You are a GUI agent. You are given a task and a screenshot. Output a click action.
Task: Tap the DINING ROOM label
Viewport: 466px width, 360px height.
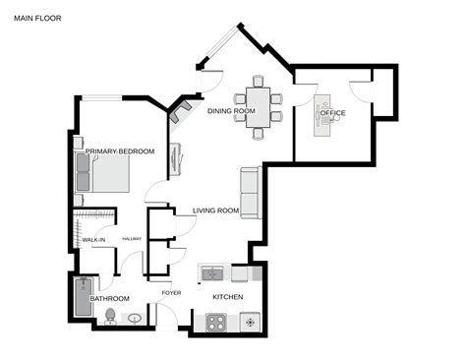[231, 111]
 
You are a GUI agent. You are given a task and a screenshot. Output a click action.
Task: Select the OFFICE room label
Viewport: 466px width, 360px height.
[333, 113]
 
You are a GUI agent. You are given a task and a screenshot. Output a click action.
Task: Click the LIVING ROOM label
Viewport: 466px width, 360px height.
[216, 210]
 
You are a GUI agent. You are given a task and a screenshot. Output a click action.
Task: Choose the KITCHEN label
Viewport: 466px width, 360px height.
[228, 296]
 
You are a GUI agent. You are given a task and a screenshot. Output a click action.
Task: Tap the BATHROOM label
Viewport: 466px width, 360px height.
[109, 298]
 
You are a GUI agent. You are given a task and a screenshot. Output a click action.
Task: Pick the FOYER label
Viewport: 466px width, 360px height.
[171, 292]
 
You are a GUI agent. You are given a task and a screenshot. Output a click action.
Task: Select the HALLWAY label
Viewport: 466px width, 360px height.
[133, 239]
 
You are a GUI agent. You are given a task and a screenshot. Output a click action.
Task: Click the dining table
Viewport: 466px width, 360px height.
[259, 101]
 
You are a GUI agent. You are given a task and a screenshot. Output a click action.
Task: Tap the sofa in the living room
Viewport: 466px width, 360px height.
[250, 193]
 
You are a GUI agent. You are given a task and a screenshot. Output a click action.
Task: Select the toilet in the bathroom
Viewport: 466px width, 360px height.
[110, 316]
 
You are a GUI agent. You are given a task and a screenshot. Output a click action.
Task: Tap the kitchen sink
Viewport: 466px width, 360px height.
[212, 272]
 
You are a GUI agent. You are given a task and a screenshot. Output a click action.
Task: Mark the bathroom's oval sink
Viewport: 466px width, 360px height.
[135, 318]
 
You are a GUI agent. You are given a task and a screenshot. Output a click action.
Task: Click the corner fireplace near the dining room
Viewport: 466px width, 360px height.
[179, 112]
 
